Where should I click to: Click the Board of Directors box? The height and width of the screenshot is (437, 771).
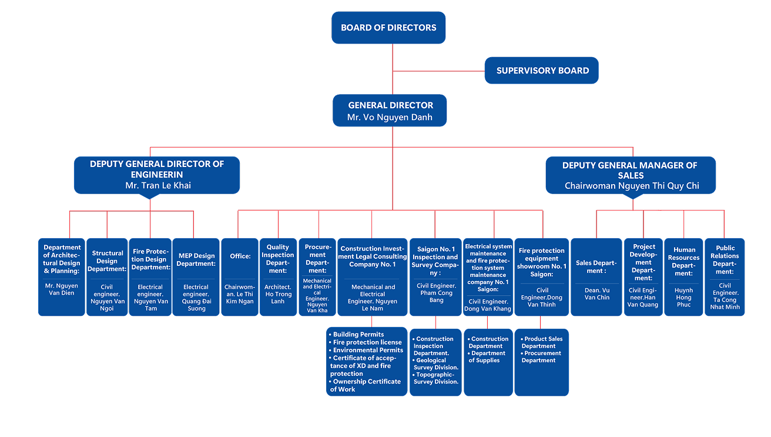click(x=388, y=28)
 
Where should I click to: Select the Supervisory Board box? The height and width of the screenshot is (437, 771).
click(x=542, y=71)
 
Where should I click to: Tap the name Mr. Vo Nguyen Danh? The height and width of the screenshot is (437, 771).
click(x=390, y=117)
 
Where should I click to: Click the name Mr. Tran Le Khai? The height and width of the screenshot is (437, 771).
click(x=157, y=185)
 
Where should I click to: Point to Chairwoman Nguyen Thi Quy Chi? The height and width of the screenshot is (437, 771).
click(x=631, y=186)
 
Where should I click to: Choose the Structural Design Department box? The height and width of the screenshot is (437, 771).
click(x=107, y=276)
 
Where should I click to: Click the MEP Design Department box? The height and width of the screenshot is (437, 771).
click(x=195, y=276)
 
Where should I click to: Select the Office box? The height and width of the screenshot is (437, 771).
click(x=239, y=276)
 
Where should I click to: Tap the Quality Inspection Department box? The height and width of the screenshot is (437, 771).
click(x=278, y=276)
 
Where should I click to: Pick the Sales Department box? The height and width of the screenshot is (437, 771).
click(x=596, y=276)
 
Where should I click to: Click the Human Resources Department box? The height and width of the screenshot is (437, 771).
click(x=683, y=276)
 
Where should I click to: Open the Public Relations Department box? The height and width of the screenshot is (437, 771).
click(x=725, y=276)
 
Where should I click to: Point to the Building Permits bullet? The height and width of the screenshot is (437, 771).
click(x=358, y=335)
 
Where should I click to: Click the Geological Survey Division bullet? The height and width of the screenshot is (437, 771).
click(x=437, y=364)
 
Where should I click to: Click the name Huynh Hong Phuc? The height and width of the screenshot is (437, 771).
click(x=683, y=298)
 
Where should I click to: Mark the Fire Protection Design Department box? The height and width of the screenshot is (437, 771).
click(x=150, y=276)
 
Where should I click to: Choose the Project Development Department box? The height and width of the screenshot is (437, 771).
click(x=643, y=276)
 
